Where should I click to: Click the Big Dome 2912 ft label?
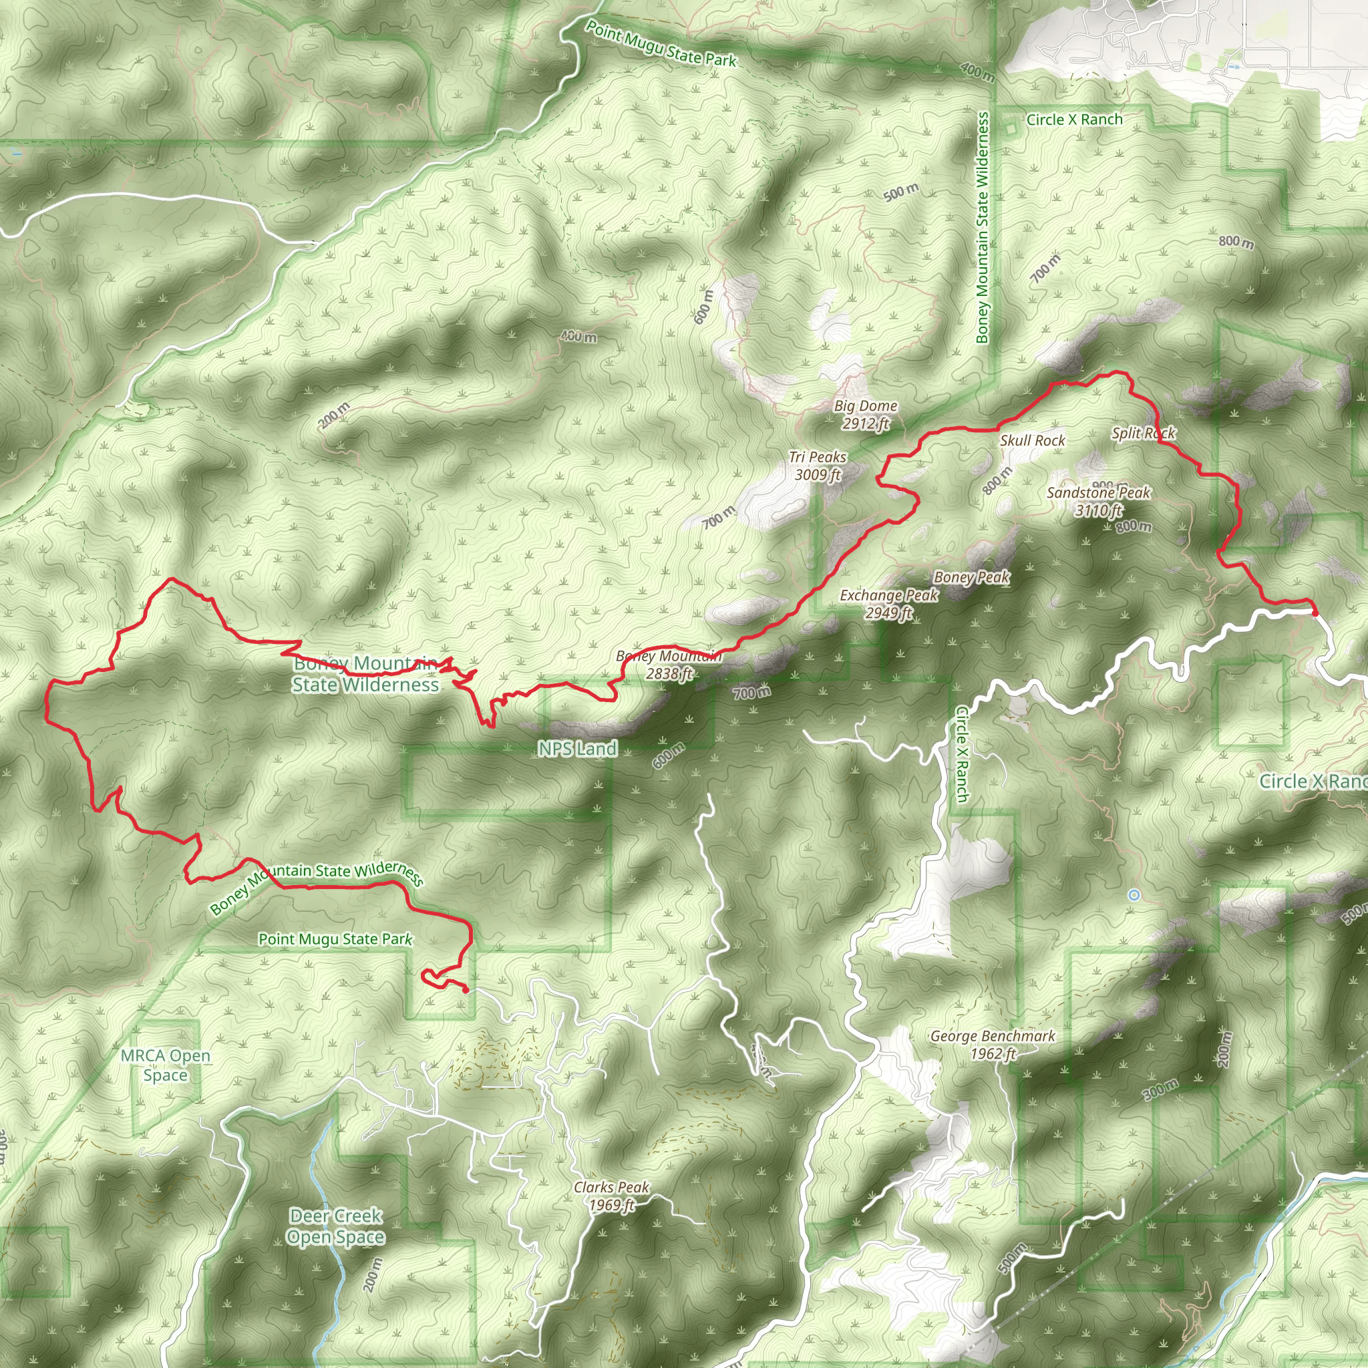click(865, 414)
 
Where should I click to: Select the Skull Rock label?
click(1033, 440)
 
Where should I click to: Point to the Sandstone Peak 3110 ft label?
click(1098, 500)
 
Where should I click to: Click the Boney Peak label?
click(971, 577)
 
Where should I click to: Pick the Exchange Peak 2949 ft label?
click(888, 604)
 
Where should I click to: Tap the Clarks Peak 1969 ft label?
click(612, 1195)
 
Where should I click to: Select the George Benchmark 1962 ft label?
click(993, 1045)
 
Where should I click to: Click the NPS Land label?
click(577, 748)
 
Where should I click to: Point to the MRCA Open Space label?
click(166, 1065)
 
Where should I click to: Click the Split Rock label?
click(1143, 433)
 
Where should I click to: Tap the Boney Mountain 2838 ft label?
click(669, 665)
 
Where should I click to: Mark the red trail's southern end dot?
click(465, 990)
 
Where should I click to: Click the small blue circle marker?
click(1134, 895)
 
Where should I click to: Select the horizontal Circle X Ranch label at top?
click(1074, 120)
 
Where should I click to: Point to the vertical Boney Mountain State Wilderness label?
click(982, 228)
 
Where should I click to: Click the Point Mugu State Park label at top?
click(661, 44)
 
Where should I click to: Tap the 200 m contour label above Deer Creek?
click(375, 1274)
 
